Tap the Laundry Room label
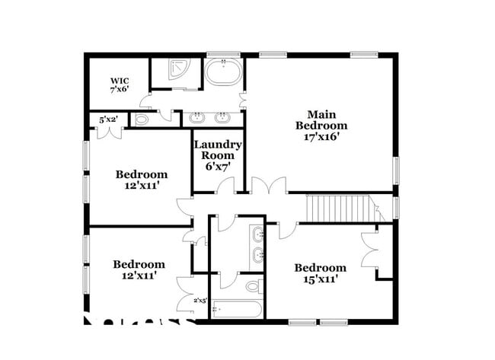tap(217, 149)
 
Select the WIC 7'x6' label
tap(120, 84)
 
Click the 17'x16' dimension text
tap(321, 138)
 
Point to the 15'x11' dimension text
tap(320, 279)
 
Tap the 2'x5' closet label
tap(200, 301)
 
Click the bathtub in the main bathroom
tap(223, 75)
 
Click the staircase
tap(337, 207)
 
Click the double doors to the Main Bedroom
tap(269, 186)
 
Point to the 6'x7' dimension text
tap(217, 167)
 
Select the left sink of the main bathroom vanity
tap(199, 118)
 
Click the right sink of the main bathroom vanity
tap(223, 118)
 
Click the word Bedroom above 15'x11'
tap(320, 268)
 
